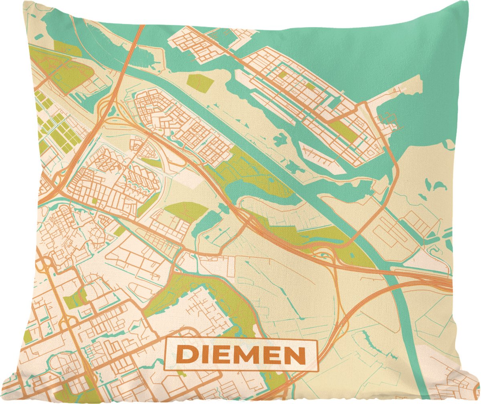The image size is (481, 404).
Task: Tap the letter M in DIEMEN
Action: pos(252,354)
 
